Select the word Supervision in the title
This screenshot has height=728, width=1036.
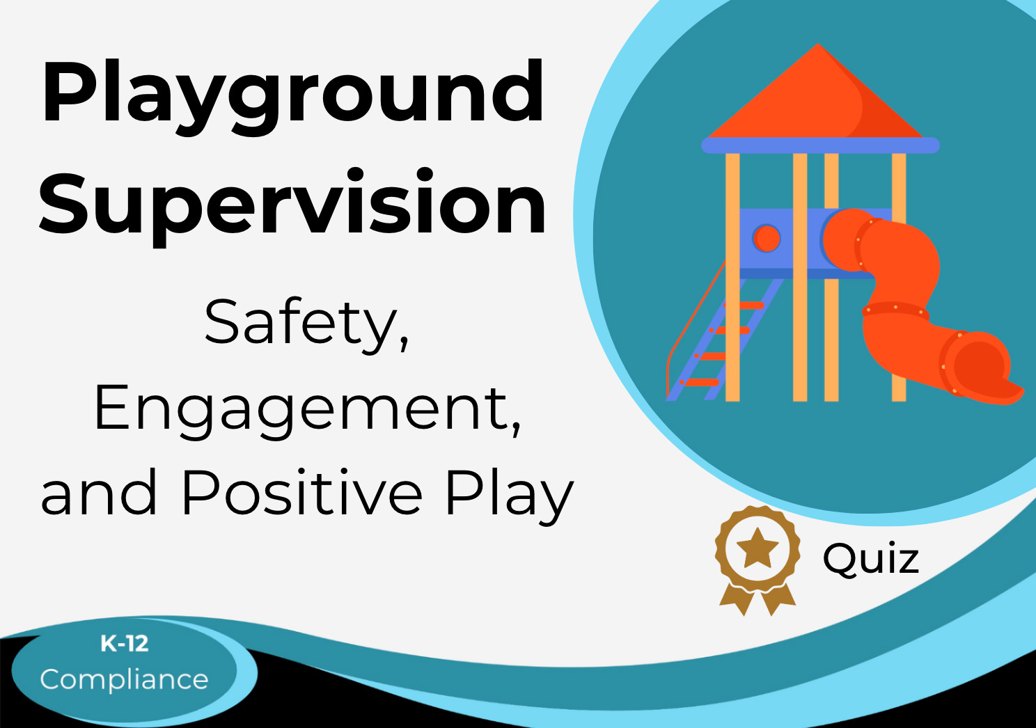[x=292, y=207]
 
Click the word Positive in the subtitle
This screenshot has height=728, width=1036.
[x=302, y=492]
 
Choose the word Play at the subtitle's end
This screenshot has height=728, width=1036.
[x=509, y=498]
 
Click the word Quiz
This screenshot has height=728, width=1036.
[x=871, y=560]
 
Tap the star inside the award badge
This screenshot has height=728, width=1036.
[x=757, y=548]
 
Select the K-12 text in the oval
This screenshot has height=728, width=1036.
[x=125, y=644]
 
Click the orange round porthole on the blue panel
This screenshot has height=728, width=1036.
[x=767, y=239]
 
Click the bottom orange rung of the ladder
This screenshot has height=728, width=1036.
[x=700, y=382]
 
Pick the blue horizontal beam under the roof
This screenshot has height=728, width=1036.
[x=820, y=145]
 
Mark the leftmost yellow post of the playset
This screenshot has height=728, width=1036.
[x=732, y=277]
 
